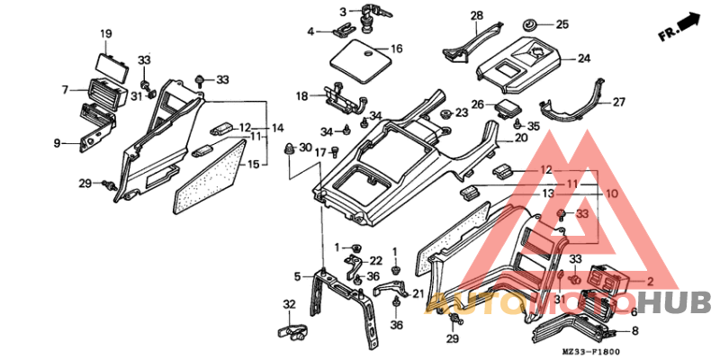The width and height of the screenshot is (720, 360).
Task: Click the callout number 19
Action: coord(105,35)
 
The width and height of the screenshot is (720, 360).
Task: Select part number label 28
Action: coord(476,15)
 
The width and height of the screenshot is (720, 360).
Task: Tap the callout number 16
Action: coord(396,48)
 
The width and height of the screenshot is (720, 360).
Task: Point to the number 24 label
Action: coord(583,58)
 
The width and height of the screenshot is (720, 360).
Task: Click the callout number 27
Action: coord(618,102)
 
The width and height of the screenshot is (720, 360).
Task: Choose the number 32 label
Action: coord(289,304)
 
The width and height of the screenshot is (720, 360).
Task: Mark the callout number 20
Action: coord(521,138)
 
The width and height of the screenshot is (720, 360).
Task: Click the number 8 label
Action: coord(634,331)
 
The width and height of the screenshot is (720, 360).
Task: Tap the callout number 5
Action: coord(297,275)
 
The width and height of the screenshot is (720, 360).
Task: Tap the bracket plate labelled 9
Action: coord(93,133)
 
